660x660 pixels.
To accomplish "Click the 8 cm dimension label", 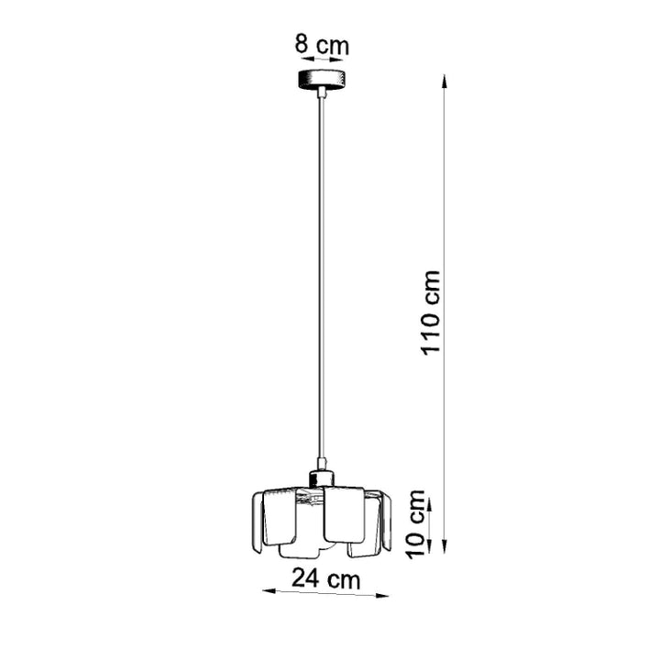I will pyautogui.click(x=321, y=43).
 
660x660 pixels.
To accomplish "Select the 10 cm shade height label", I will pyautogui.click(x=418, y=524).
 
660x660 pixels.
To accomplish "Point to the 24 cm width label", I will pyautogui.click(x=325, y=578).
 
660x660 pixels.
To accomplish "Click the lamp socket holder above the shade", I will pyautogui.click(x=321, y=477).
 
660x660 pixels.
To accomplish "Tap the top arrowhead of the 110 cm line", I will pyautogui.click(x=445, y=81).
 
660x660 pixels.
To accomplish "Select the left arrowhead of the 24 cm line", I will pyautogui.click(x=268, y=589).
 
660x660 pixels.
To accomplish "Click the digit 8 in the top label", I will pyautogui.click(x=300, y=43).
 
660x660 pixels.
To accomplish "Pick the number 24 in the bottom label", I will pyautogui.click(x=305, y=578).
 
